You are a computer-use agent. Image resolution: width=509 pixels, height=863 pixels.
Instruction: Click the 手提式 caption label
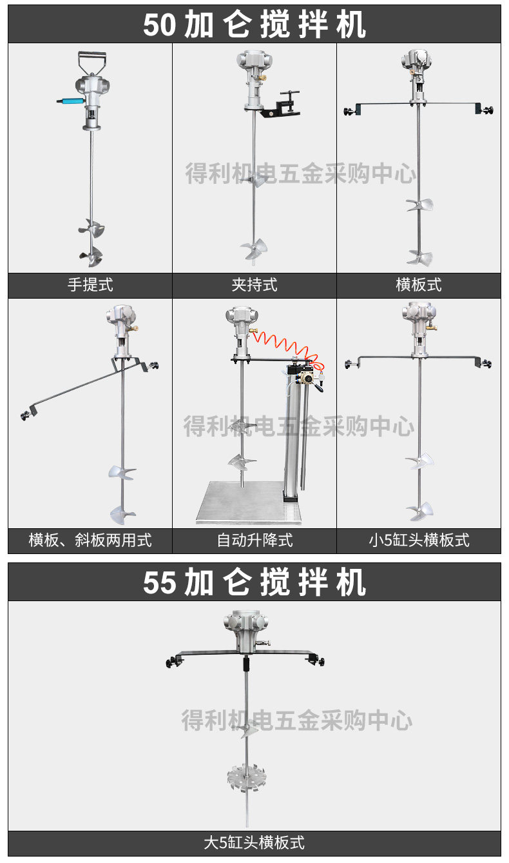tap(90, 284)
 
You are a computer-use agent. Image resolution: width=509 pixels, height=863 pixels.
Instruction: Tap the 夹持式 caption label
tap(254, 284)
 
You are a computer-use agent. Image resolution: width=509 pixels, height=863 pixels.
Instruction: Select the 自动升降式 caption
tap(254, 540)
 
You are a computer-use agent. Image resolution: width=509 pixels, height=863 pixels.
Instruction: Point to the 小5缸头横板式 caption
tap(419, 540)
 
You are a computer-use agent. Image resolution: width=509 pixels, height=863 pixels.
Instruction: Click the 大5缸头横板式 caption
tap(254, 842)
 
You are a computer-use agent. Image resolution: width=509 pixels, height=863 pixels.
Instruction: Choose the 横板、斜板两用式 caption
tap(90, 540)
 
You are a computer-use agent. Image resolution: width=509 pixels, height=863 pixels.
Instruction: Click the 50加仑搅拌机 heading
tap(254, 25)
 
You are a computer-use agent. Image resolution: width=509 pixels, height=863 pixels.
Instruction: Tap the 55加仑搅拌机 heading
tap(254, 582)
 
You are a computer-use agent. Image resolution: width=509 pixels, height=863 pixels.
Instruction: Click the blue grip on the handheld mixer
tap(68, 101)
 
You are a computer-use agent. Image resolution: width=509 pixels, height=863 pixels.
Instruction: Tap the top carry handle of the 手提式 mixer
tap(91, 61)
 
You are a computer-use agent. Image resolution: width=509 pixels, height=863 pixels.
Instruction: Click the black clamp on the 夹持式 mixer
tap(283, 104)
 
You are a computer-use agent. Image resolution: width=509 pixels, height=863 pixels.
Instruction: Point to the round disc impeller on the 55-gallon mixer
tap(246, 777)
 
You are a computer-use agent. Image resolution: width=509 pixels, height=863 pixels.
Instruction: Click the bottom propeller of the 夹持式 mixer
tap(254, 248)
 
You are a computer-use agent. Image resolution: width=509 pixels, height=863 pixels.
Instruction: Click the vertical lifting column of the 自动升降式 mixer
tap(293, 439)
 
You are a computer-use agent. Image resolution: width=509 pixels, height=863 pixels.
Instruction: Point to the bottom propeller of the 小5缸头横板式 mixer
tap(419, 511)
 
